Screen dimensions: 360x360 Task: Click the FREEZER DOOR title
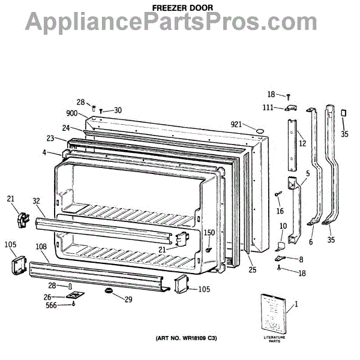click(x=179, y=7)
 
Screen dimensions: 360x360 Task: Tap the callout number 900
click(x=72, y=113)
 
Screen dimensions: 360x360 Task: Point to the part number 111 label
click(x=269, y=107)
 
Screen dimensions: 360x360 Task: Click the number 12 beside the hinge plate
click(x=302, y=143)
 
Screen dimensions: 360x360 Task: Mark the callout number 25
click(x=252, y=270)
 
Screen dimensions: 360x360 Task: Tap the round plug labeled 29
click(x=109, y=291)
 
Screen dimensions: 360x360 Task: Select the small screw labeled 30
click(x=101, y=111)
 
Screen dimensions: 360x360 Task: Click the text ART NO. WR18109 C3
click(x=187, y=340)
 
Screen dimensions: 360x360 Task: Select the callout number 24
click(x=66, y=128)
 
